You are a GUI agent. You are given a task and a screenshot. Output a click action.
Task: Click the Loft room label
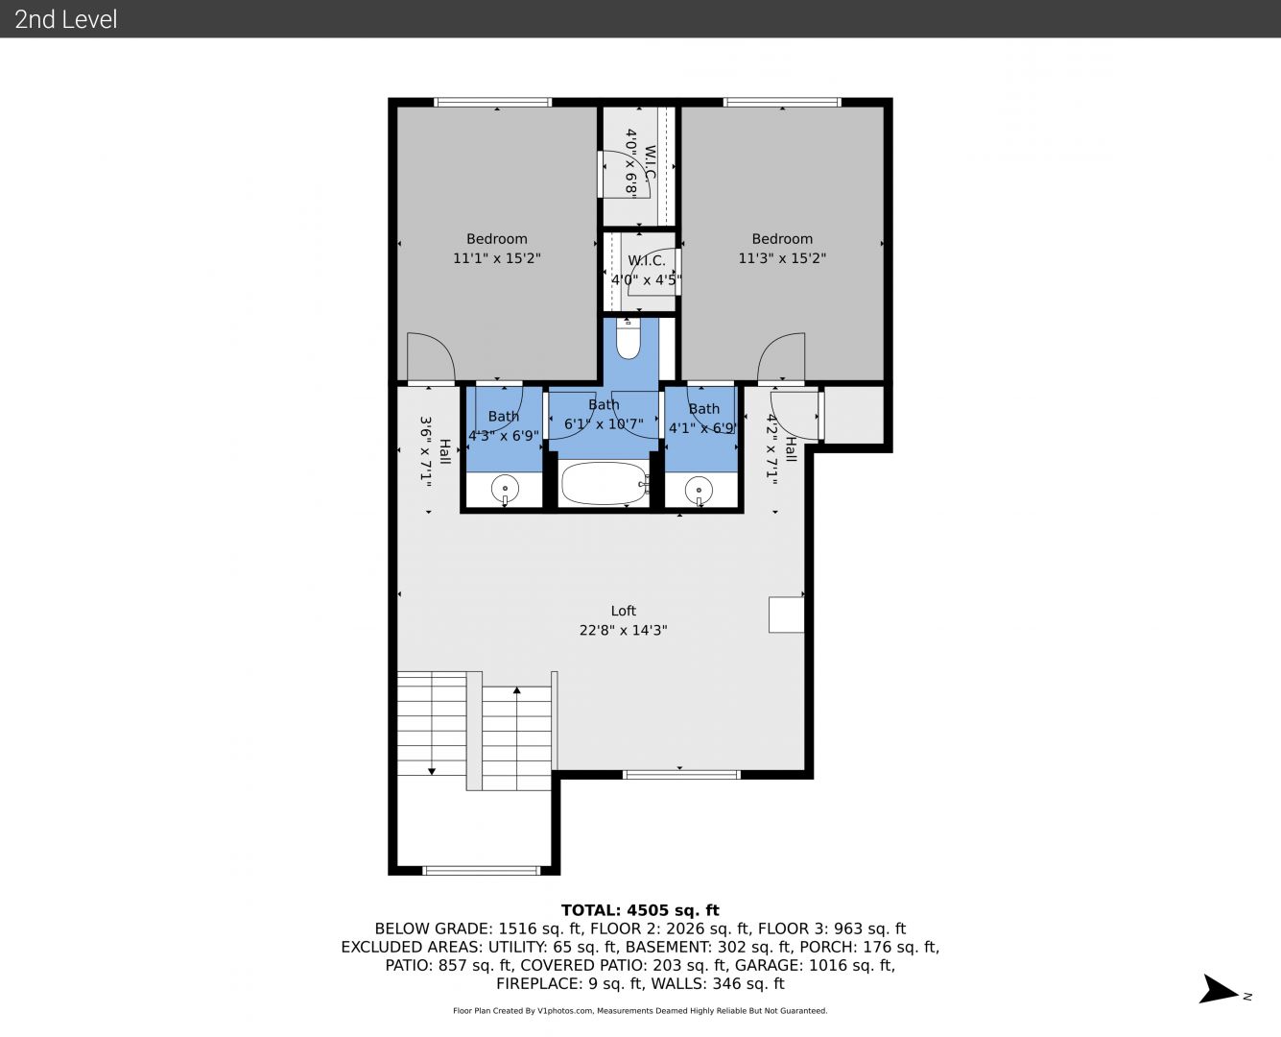(x=623, y=611)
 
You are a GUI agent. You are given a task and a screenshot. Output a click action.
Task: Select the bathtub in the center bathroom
(x=605, y=483)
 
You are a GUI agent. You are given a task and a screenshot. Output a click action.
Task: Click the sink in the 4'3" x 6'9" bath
(x=505, y=490)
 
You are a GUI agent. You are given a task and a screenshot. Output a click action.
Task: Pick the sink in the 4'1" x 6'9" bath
(x=699, y=491)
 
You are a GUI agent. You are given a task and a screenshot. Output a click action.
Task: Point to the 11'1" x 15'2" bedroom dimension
(x=497, y=258)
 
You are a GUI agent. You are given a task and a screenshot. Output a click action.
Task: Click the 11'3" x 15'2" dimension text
(x=782, y=258)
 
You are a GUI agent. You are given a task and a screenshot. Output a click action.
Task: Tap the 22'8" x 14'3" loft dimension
(x=623, y=630)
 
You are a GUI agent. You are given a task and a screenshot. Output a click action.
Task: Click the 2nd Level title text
(x=65, y=19)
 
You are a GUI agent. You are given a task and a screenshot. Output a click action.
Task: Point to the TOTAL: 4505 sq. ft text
(x=640, y=910)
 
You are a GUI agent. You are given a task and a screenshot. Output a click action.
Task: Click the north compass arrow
(x=1218, y=989)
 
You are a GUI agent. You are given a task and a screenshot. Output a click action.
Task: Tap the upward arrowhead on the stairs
(x=516, y=689)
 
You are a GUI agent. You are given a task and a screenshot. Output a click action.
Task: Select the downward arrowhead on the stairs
(x=432, y=772)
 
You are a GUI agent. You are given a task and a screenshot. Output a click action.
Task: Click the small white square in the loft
(x=786, y=615)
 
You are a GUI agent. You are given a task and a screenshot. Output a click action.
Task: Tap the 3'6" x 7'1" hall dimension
(x=426, y=450)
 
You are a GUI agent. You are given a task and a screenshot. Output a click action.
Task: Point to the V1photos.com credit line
(x=640, y=1010)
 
